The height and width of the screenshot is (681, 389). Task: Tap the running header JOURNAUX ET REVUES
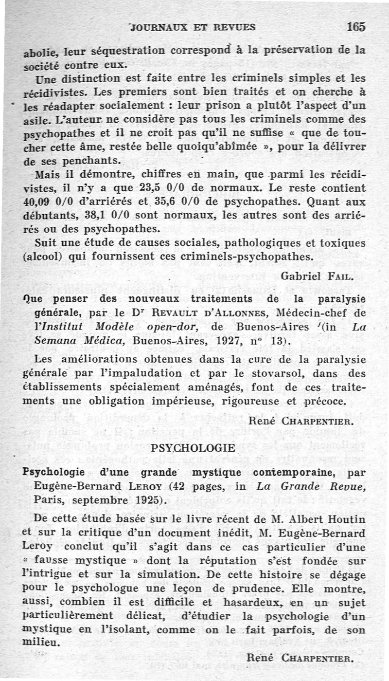pos(193,28)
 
